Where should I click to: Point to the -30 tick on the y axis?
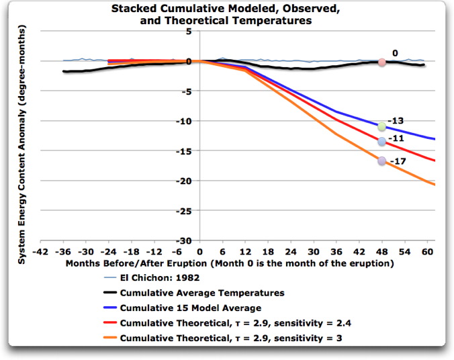pyautogui.click(x=183, y=240)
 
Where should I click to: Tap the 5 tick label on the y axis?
pyautogui.click(x=189, y=31)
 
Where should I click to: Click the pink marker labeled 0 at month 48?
pyautogui.click(x=381, y=62)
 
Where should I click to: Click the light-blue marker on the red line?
pyautogui.click(x=381, y=141)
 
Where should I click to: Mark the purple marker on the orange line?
pyautogui.click(x=381, y=161)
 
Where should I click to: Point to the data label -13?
pyautogui.click(x=398, y=121)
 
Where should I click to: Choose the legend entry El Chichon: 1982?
pyautogui.click(x=160, y=277)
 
